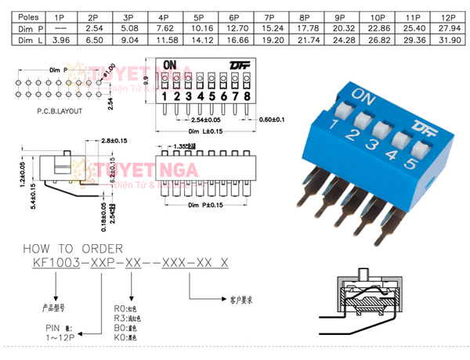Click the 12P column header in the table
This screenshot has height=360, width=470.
click(448, 16)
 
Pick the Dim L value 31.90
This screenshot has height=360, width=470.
click(448, 38)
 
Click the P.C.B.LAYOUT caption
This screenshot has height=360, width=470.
click(59, 111)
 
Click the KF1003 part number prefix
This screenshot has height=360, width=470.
click(59, 263)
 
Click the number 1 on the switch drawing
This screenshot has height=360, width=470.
click(165, 96)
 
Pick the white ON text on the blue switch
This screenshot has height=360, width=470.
click(363, 95)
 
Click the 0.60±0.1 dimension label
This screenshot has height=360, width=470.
click(272, 120)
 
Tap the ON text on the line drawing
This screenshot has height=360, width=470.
click(171, 66)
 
